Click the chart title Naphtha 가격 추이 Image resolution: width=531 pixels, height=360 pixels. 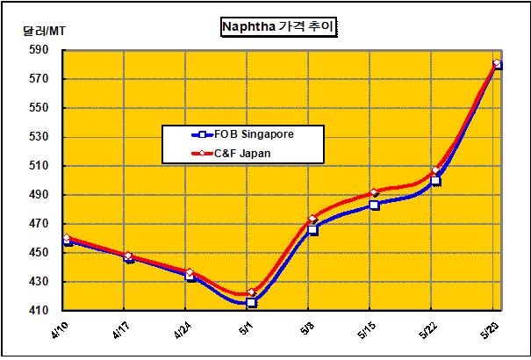click(278, 27)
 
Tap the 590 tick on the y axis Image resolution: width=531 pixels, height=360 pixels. click(40, 50)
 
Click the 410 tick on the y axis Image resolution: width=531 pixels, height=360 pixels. click(40, 311)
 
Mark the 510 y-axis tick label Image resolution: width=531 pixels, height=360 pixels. click(40, 166)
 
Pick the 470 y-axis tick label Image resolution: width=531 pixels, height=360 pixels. click(40, 224)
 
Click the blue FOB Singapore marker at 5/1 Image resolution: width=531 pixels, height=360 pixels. click(252, 302)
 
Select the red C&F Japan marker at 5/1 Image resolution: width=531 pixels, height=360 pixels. click(252, 292)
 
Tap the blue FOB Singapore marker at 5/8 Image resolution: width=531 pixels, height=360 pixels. click(313, 230)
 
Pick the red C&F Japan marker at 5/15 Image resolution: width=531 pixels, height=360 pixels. click(374, 192)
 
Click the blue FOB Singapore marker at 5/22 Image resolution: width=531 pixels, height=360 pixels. click(436, 181)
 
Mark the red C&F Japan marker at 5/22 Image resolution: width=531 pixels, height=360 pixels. click(436, 170)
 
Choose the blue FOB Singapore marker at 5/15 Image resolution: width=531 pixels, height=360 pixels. click(375, 205)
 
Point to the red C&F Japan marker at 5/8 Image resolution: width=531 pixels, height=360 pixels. click(313, 220)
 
